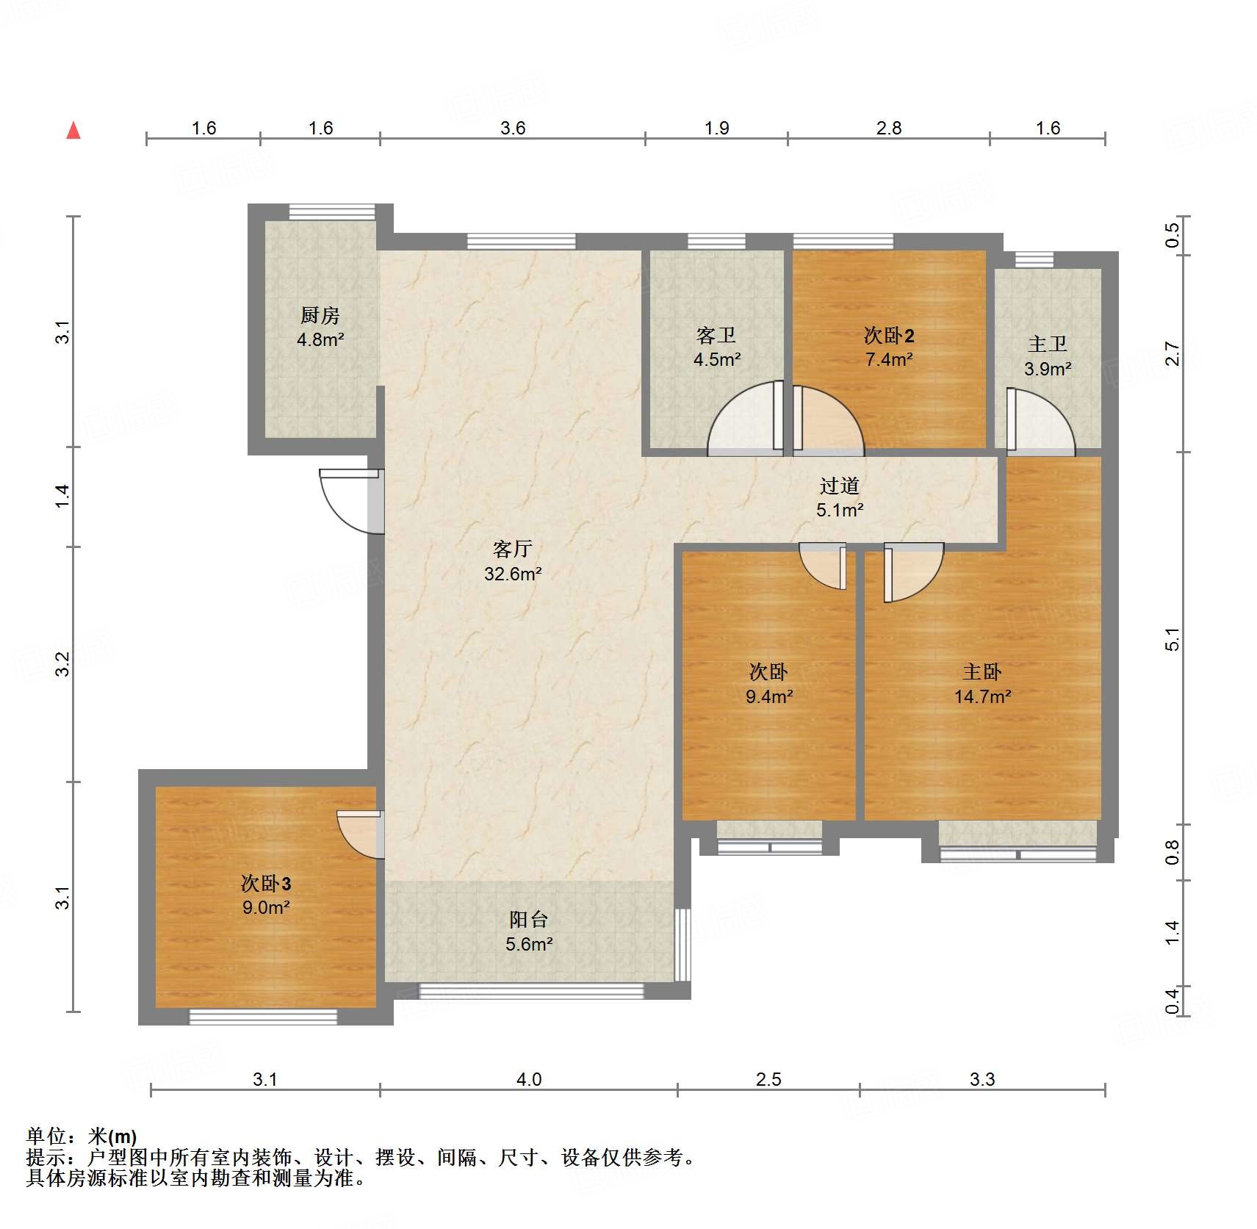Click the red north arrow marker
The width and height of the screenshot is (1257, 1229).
click(x=73, y=131)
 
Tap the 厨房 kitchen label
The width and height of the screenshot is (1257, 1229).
click(x=320, y=316)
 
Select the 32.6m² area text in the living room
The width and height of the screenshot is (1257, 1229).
click(x=513, y=574)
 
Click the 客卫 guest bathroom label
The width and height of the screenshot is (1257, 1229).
click(x=716, y=336)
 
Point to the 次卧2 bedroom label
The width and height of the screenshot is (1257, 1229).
click(x=889, y=336)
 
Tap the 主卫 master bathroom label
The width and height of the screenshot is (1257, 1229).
click(x=1048, y=344)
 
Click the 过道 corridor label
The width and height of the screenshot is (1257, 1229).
click(x=840, y=486)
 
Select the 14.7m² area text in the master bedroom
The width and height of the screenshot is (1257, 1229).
click(x=982, y=696)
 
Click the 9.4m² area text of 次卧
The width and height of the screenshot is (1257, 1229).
click(x=769, y=696)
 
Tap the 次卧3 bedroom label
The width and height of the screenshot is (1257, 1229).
click(x=266, y=883)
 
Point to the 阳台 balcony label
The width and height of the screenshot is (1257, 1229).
click(x=529, y=919)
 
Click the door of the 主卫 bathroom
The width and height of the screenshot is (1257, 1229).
click(x=1040, y=420)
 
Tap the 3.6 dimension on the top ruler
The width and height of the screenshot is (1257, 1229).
click(x=513, y=128)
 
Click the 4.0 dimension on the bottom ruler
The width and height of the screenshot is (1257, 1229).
click(x=529, y=1079)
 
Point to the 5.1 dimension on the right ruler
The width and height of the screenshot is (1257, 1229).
click(x=1172, y=639)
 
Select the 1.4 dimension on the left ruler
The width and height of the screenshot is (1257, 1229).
click(x=63, y=496)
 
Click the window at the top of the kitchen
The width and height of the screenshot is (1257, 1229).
click(x=332, y=212)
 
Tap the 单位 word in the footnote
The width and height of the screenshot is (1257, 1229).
click(x=46, y=1136)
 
